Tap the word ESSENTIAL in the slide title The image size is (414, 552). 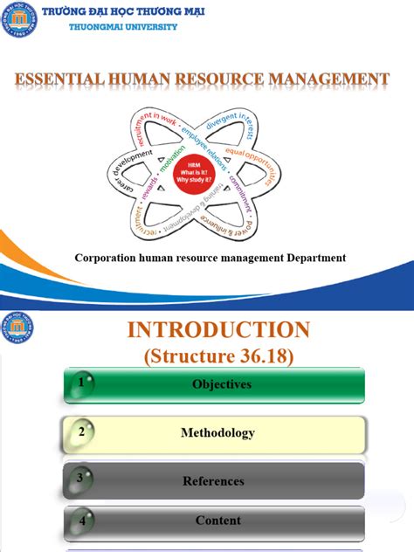tap(54, 79)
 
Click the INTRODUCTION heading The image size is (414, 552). tap(218, 329)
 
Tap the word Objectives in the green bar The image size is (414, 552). tap(221, 384)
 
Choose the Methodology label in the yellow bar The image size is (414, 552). tap(217, 432)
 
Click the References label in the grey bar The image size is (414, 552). tap(213, 480)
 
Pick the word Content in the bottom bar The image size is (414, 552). tap(218, 521)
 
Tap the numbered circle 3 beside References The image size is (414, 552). tap(80, 478)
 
